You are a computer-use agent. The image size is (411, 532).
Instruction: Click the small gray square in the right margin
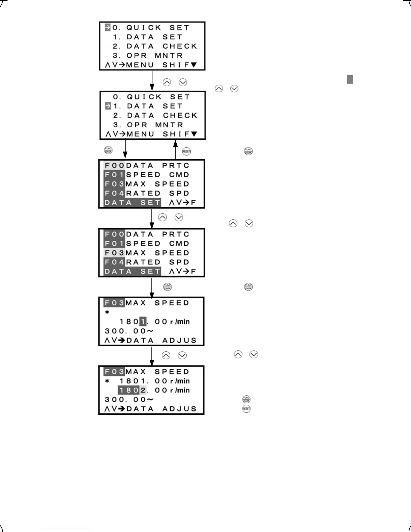[x=350, y=79]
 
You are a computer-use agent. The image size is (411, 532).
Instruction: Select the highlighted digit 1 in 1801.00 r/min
[x=143, y=322]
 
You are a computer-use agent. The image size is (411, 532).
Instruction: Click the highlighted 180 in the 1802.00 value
[x=129, y=390]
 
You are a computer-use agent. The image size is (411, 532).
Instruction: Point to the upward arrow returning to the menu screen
[x=175, y=149]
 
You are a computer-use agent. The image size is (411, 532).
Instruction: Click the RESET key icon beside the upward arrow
[x=186, y=151]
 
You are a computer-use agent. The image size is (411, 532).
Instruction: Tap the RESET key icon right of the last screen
[x=246, y=409]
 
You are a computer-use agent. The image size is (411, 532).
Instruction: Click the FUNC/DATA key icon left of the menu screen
[x=108, y=150]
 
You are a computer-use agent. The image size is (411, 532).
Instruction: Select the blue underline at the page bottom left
[x=66, y=529]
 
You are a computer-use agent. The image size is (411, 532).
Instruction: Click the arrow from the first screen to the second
[x=152, y=81]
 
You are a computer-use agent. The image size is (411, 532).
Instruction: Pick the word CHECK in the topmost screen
[x=180, y=46]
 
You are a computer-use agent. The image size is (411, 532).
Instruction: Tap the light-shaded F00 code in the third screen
[x=115, y=166]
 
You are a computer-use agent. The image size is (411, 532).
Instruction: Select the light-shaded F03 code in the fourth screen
[x=115, y=253]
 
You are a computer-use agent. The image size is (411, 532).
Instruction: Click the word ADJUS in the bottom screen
[x=179, y=409]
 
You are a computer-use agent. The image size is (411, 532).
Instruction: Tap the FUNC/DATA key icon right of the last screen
[x=246, y=399]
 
